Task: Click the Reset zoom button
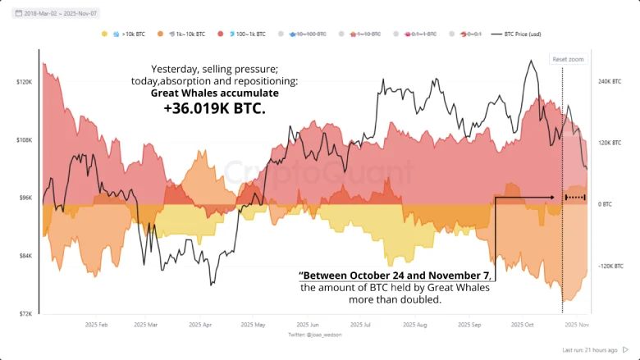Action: pos(568,60)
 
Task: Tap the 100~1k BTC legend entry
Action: pos(247,34)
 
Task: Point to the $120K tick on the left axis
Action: pos(24,82)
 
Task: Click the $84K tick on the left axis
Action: pos(24,256)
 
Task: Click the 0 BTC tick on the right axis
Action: pos(606,203)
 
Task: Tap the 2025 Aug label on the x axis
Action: pos(416,325)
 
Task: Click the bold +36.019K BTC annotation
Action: pos(215,108)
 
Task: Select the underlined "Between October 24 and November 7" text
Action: pos(395,275)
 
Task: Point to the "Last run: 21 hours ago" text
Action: pos(596,350)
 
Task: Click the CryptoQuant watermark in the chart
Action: pos(320,171)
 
